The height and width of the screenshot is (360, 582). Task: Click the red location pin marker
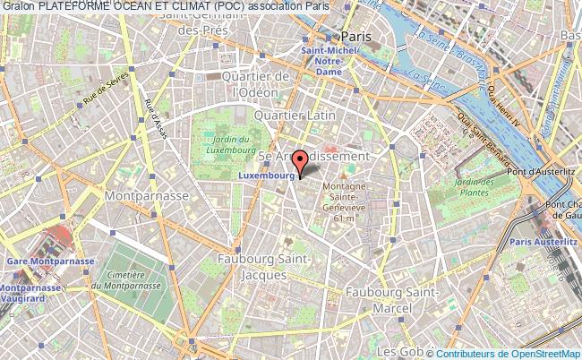coord(301,162)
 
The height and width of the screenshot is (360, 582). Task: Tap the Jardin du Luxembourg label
coord(229,143)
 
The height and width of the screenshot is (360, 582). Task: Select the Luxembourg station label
coord(266,176)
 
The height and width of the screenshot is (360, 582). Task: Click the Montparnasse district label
coord(146,194)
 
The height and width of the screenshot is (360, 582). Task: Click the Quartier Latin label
coord(295,116)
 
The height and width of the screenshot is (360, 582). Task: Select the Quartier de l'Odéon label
coord(260,83)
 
